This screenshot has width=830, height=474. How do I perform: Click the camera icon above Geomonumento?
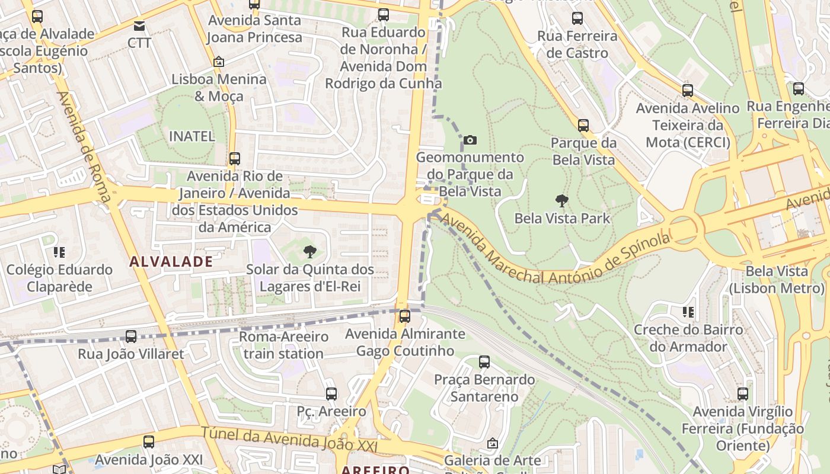point(470,140)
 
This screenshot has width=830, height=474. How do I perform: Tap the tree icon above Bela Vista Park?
point(561,201)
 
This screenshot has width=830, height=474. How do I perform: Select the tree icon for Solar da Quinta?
point(309,252)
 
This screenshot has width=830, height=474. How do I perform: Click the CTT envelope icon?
point(139,26)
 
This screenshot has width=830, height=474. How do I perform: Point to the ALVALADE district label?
point(171,261)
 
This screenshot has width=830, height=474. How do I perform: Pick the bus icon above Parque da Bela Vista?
point(583,126)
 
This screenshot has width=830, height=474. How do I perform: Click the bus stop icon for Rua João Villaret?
point(131,337)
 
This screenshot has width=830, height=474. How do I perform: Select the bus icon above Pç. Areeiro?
point(331,393)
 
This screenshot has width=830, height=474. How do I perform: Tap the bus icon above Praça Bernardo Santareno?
point(484,362)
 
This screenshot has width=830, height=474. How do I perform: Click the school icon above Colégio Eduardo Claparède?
point(59,252)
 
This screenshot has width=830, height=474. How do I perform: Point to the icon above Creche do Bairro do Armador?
point(688,312)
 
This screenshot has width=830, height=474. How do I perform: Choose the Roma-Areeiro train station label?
point(283,345)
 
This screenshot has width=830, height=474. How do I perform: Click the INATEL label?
point(191,136)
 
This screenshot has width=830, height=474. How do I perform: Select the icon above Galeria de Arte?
point(492,443)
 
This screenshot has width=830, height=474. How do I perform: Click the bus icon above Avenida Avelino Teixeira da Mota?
point(688,91)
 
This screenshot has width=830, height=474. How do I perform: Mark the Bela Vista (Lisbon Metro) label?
point(777,280)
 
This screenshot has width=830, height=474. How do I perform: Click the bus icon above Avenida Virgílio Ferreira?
point(743,394)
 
